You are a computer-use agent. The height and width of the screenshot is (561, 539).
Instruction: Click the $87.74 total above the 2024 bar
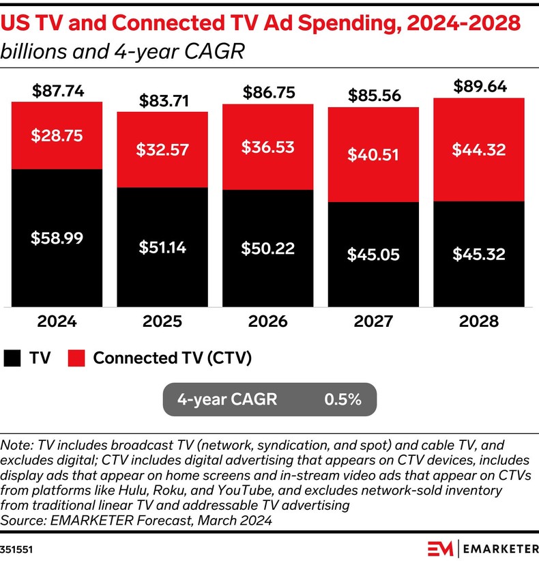coord(57,91)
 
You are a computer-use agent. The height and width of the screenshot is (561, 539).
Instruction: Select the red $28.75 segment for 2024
coord(57,135)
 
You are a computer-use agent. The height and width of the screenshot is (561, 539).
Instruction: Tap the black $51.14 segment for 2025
coord(162,246)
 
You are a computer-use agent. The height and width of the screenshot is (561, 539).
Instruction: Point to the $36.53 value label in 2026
coord(268,147)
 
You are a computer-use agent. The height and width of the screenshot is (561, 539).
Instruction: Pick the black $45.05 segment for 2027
coord(373,254)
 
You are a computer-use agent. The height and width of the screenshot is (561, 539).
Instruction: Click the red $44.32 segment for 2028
coord(479,149)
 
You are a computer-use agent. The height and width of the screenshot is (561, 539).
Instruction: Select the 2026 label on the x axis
coord(268,321)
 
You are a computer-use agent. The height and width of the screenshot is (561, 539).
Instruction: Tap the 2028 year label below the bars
coord(479,321)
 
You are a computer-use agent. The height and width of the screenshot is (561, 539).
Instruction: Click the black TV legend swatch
coord(13,358)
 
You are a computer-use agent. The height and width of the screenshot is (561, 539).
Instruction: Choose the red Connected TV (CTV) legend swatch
coord(76,358)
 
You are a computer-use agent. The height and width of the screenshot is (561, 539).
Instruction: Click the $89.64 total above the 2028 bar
coord(479,87)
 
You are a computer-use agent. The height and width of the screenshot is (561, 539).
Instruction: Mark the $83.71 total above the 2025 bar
coord(162,101)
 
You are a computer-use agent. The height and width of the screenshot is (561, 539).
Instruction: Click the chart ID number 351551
coord(15,548)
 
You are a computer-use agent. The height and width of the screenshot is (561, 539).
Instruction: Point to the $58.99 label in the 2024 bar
coord(57,238)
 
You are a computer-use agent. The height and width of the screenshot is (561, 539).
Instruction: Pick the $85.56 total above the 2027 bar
coord(373,96)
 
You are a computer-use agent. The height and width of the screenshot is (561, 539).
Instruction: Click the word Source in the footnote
coord(20,520)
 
